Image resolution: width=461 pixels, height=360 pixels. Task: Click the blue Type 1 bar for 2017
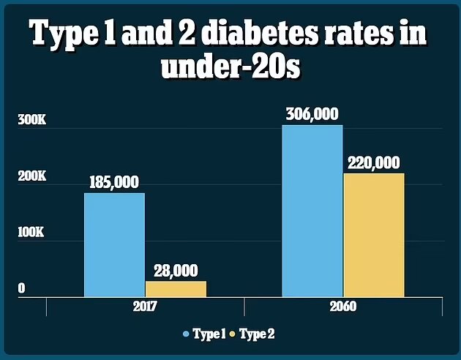click(114, 244)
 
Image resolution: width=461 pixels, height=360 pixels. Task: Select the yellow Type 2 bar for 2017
click(176, 289)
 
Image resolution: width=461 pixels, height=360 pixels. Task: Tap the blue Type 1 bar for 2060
click(312, 211)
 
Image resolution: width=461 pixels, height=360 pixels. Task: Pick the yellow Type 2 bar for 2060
click(373, 234)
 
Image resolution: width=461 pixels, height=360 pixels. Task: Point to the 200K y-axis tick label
click(31, 177)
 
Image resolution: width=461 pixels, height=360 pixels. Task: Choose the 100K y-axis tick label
click(31, 233)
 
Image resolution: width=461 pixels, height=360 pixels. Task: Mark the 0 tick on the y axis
click(21, 289)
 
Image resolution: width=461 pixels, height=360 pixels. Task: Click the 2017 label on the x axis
click(144, 307)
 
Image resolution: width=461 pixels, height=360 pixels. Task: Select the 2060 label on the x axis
click(342, 307)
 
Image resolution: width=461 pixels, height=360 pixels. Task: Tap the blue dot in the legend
click(186, 334)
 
